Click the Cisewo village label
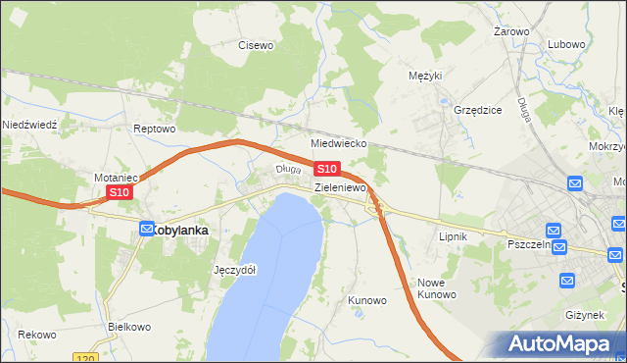[x=256, y=44]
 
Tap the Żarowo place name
[x=511, y=31]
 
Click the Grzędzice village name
[x=478, y=110]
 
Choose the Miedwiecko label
[x=338, y=142]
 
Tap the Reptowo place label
[x=154, y=129]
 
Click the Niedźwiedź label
[x=30, y=125]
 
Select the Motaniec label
[x=114, y=178]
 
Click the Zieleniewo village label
[x=340, y=186]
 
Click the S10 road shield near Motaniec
[x=119, y=193]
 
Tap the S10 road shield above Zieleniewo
[x=327, y=170]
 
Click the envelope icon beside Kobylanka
[x=146, y=229]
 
